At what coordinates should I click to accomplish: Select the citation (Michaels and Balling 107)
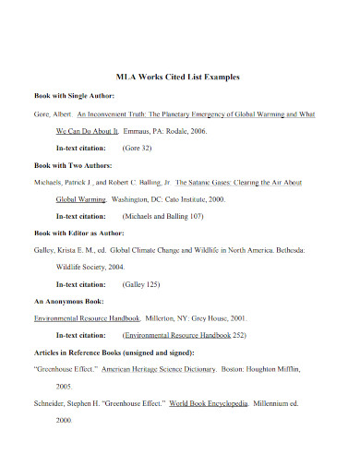click(x=164, y=216)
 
